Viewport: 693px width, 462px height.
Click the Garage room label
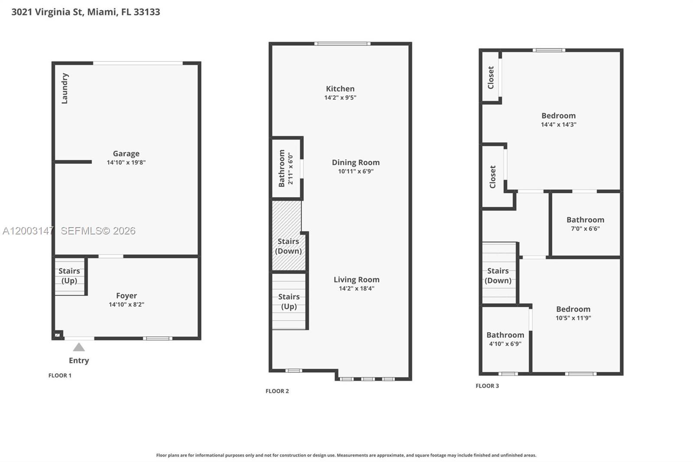(126, 153)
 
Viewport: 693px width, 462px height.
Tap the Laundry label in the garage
(65, 88)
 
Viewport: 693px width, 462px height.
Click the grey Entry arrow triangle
(79, 347)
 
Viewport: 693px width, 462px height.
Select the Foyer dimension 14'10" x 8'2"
(126, 305)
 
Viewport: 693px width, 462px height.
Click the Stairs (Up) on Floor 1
(69, 276)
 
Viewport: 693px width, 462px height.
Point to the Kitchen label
(340, 88)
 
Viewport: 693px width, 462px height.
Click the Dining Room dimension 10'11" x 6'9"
(356, 171)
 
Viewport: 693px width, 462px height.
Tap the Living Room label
(356, 280)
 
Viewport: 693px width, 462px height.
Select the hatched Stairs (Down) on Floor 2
(288, 246)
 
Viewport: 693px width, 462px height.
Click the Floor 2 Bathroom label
(282, 168)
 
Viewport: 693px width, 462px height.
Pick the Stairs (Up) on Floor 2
(289, 301)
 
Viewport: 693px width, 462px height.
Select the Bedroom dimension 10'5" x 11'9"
(573, 318)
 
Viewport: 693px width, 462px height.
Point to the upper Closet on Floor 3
(491, 78)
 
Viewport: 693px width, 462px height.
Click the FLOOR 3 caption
(487, 386)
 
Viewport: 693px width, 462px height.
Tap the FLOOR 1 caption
(60, 375)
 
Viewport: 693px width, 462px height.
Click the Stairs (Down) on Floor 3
(498, 275)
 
